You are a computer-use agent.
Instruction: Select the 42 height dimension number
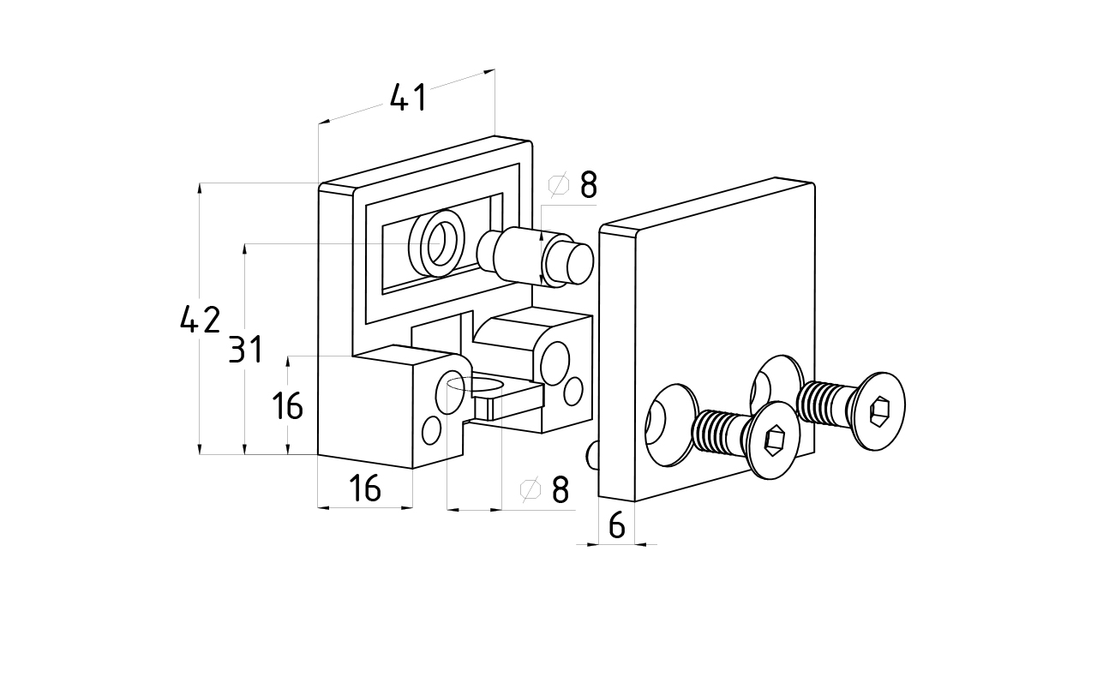(200, 320)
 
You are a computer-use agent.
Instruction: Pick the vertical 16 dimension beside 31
(288, 405)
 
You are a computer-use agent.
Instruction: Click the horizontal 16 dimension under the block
(365, 488)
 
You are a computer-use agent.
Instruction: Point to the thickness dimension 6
(616, 525)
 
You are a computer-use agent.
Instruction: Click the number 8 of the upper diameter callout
(588, 185)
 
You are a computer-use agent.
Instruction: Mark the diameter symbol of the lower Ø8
(531, 489)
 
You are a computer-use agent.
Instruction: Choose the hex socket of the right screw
(880, 412)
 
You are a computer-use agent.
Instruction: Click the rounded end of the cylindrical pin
(572, 262)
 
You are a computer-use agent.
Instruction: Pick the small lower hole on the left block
(432, 429)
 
